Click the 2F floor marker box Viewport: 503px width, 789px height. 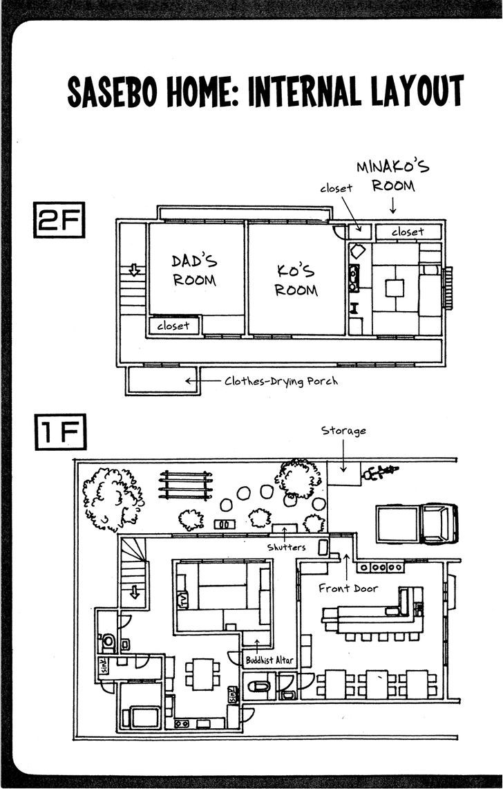[59, 220]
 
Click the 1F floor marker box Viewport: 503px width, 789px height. [60, 431]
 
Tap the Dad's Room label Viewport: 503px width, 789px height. [194, 270]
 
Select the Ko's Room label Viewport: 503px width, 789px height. [297, 280]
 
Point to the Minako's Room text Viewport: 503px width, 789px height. [393, 176]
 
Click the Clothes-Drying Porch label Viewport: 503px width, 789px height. [281, 381]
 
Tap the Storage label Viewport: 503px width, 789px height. [343, 431]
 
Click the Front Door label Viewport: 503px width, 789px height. [348, 588]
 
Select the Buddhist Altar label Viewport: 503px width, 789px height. [269, 660]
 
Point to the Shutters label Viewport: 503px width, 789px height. [286, 546]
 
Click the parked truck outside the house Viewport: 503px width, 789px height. [417, 523]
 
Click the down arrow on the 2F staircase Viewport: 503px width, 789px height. [134, 270]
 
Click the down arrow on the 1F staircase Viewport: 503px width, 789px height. [134, 592]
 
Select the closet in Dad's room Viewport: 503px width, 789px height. [174, 326]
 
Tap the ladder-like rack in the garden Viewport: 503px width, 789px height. [185, 485]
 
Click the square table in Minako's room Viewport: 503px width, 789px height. [395, 288]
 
